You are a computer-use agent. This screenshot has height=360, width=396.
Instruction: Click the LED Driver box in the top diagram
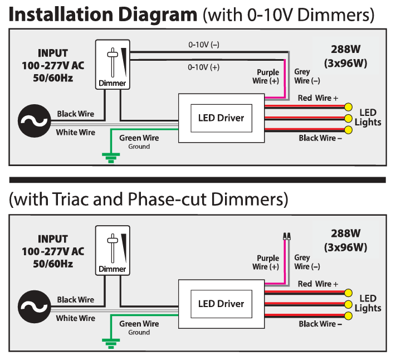[x=221, y=118]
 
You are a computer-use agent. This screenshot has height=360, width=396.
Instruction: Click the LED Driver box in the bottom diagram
[x=221, y=304]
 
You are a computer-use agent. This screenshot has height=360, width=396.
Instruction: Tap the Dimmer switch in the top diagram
[x=113, y=65]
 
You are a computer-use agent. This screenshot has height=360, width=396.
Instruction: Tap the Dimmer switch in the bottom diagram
[x=113, y=250]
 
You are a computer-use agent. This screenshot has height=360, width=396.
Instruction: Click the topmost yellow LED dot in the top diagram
[x=349, y=107]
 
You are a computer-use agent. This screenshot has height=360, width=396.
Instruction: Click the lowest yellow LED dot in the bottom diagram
[x=349, y=316]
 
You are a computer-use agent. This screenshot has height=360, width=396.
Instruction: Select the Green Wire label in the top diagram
[x=139, y=138]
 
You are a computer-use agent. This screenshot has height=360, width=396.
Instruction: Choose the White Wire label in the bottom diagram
[x=75, y=318]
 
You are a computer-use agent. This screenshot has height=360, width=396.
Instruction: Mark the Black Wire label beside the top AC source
[x=75, y=114]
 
